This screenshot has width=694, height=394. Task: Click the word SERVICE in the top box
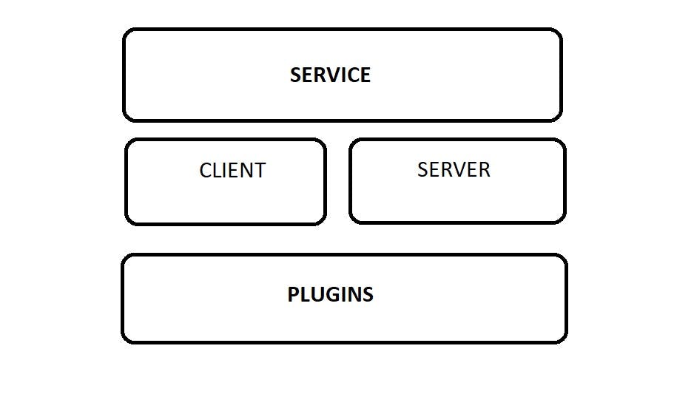pyautogui.click(x=330, y=75)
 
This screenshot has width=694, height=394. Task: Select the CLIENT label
pyautogui.click(x=232, y=170)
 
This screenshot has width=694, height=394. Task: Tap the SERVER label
pyautogui.click(x=454, y=169)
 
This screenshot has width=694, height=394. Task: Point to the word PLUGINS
pyautogui.click(x=331, y=294)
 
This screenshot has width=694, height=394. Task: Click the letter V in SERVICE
pyautogui.click(x=332, y=75)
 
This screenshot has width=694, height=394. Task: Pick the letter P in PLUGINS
pyautogui.click(x=294, y=294)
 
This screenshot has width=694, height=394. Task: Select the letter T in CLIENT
pyautogui.click(x=260, y=170)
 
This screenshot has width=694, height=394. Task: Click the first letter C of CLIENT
pyautogui.click(x=206, y=170)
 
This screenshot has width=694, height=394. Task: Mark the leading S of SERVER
pyautogui.click(x=422, y=169)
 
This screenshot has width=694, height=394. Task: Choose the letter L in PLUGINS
pyautogui.click(x=305, y=294)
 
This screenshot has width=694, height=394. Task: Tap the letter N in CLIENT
pyautogui.click(x=246, y=170)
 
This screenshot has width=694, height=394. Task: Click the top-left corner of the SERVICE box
pyautogui.click(x=124, y=30)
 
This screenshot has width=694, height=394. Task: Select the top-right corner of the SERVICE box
pyautogui.click(x=562, y=30)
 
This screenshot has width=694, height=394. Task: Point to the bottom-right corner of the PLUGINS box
pyautogui.click(x=566, y=342)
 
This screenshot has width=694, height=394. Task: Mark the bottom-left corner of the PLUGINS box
pyautogui.click(x=123, y=342)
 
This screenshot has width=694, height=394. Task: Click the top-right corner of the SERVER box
pyautogui.click(x=565, y=140)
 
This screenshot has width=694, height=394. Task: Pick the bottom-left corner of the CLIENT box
pyautogui.click(x=126, y=224)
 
